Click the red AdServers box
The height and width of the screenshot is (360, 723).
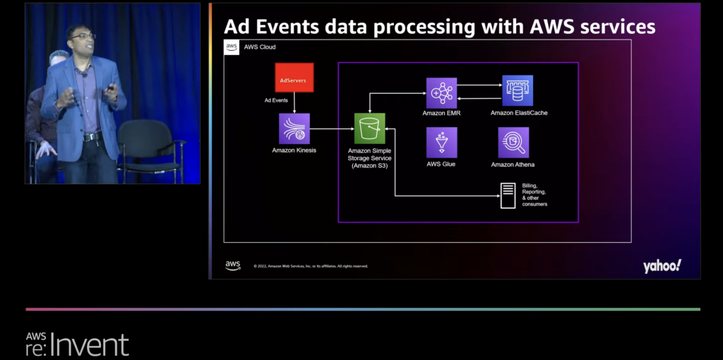click(294, 78)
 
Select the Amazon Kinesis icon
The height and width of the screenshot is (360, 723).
click(294, 128)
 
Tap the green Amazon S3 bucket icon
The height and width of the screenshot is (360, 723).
click(369, 128)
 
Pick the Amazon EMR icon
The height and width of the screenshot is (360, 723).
click(441, 92)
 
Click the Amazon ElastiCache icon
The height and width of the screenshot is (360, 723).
click(518, 90)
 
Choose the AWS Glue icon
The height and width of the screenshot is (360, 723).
click(441, 143)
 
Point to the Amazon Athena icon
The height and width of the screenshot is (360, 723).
click(513, 143)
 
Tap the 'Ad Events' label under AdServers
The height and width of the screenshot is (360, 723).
click(276, 100)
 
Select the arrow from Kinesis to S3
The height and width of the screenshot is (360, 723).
click(332, 129)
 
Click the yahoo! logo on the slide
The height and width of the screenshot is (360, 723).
click(662, 266)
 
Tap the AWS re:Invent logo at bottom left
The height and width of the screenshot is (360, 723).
click(77, 343)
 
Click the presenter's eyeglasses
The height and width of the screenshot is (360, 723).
click(83, 36)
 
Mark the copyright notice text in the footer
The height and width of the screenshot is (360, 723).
click(311, 266)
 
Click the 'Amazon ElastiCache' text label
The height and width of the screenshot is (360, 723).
click(519, 113)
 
